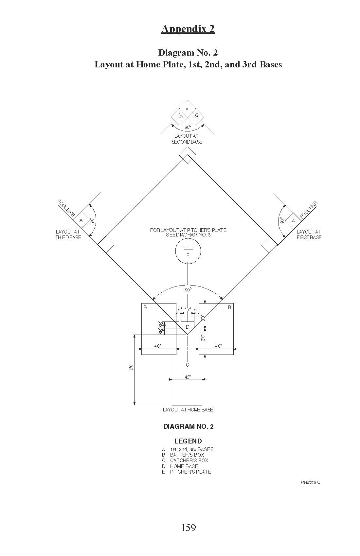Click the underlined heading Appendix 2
pyautogui.click(x=188, y=29)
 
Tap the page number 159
pyautogui.click(x=188, y=528)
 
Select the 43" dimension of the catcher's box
pyautogui.click(x=188, y=377)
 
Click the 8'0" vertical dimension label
pyautogui.click(x=131, y=367)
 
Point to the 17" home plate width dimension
pyautogui.click(x=188, y=309)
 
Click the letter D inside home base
pyautogui.click(x=188, y=327)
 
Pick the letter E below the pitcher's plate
pyautogui.click(x=188, y=254)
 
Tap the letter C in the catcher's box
pyautogui.click(x=188, y=365)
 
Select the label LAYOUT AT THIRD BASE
pyautogui.click(x=68, y=235)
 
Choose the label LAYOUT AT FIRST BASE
pyautogui.click(x=309, y=235)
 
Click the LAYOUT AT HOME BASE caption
pyautogui.click(x=188, y=409)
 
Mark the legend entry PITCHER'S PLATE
pyautogui.click(x=190, y=472)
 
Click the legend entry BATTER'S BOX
pyautogui.click(x=187, y=455)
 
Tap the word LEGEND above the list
pyautogui.click(x=188, y=441)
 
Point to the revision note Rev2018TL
pyautogui.click(x=311, y=482)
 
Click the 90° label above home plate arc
pyautogui.click(x=188, y=289)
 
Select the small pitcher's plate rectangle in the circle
pyautogui.click(x=188, y=249)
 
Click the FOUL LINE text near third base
pyautogui.click(x=66, y=207)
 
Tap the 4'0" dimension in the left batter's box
pyautogui.click(x=157, y=346)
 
